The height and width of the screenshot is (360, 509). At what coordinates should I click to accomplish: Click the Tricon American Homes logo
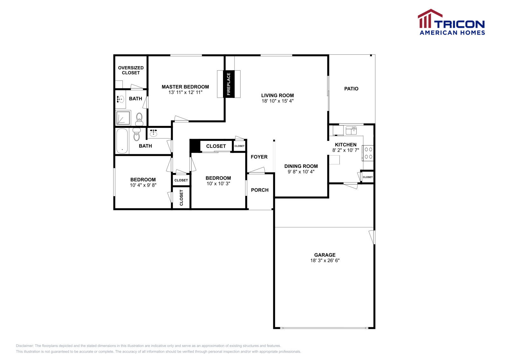pyautogui.click(x=451, y=22)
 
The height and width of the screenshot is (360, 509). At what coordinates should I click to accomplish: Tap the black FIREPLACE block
pyautogui.click(x=228, y=84)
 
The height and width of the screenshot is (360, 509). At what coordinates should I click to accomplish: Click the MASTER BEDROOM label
pyautogui.click(x=185, y=87)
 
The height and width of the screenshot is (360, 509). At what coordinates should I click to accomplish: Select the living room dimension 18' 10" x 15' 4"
pyautogui.click(x=277, y=101)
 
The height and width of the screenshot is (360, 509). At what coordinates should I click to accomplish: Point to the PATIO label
pyautogui.click(x=351, y=89)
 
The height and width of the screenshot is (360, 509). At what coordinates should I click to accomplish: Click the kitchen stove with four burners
pyautogui.click(x=368, y=153)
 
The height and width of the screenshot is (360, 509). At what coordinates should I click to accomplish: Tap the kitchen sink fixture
pyautogui.click(x=351, y=130)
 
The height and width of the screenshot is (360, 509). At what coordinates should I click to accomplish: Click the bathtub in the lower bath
pyautogui.click(x=122, y=141)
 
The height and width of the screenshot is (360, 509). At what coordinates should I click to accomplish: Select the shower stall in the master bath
pyautogui.click(x=123, y=118)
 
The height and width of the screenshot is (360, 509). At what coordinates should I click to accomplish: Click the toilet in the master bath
pyautogui.click(x=139, y=119)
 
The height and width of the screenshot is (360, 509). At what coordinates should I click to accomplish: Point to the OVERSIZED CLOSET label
pyautogui.click(x=131, y=70)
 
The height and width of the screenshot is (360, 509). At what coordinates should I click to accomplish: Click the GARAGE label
pyautogui.click(x=325, y=255)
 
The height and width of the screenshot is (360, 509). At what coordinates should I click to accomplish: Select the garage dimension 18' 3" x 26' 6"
pyautogui.click(x=325, y=260)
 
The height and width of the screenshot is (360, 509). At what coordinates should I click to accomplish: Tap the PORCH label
pyautogui.click(x=260, y=190)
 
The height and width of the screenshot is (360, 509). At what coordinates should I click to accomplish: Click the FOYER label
pyautogui.click(x=259, y=157)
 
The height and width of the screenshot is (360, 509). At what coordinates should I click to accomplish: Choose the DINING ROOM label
pyautogui.click(x=301, y=166)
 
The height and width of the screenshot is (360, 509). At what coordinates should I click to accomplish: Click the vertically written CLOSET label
pyautogui.click(x=181, y=198)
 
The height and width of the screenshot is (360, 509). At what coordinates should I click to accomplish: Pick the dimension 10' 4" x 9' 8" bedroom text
pyautogui.click(x=143, y=185)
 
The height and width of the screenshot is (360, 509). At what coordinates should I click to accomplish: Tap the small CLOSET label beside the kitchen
pyautogui.click(x=367, y=177)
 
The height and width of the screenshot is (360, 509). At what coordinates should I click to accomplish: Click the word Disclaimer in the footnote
pyautogui.click(x=24, y=346)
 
